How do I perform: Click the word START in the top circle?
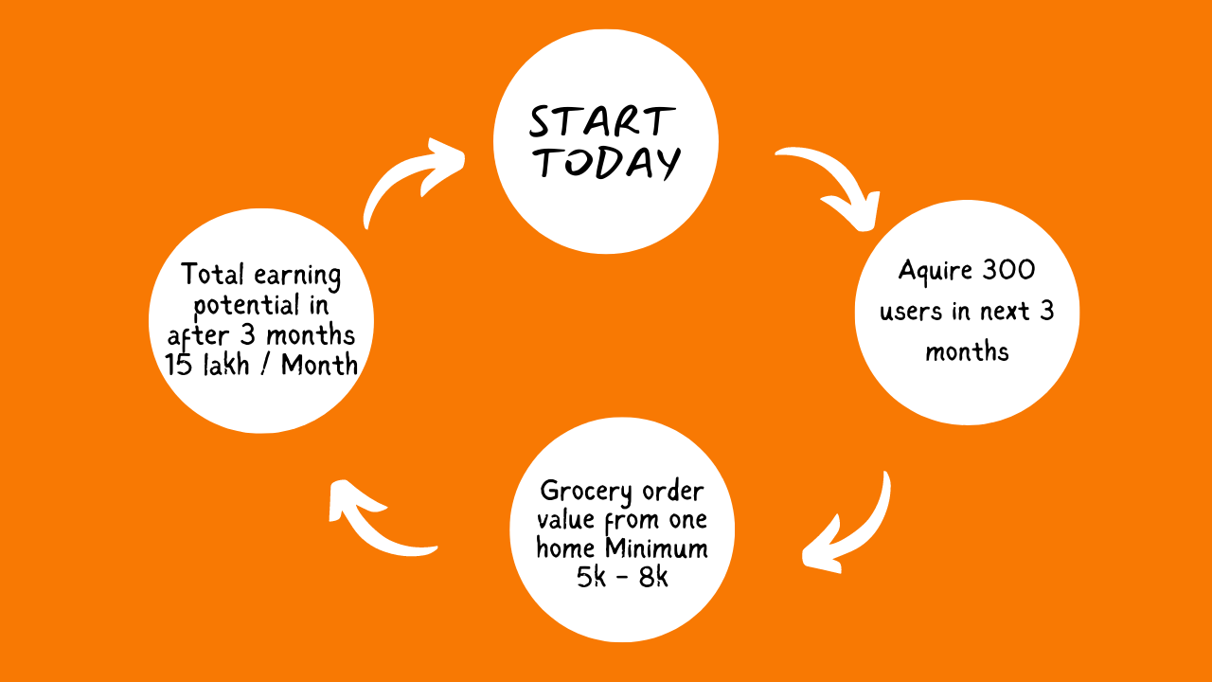pyautogui.click(x=602, y=121)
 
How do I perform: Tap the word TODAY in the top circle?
pyautogui.click(x=609, y=162)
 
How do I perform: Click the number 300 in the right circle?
pyautogui.click(x=1008, y=270)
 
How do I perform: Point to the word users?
pyautogui.click(x=911, y=312)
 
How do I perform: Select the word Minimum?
pyautogui.click(x=656, y=548)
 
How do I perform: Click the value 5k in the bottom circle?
pyautogui.click(x=591, y=577)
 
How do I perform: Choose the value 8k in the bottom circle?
pyautogui.click(x=653, y=577)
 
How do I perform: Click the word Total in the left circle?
pyautogui.click(x=212, y=274)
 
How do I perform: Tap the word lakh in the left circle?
pyautogui.click(x=226, y=365)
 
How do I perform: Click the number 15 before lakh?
pyautogui.click(x=179, y=365)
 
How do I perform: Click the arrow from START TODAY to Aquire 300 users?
pyautogui.click(x=839, y=179)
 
